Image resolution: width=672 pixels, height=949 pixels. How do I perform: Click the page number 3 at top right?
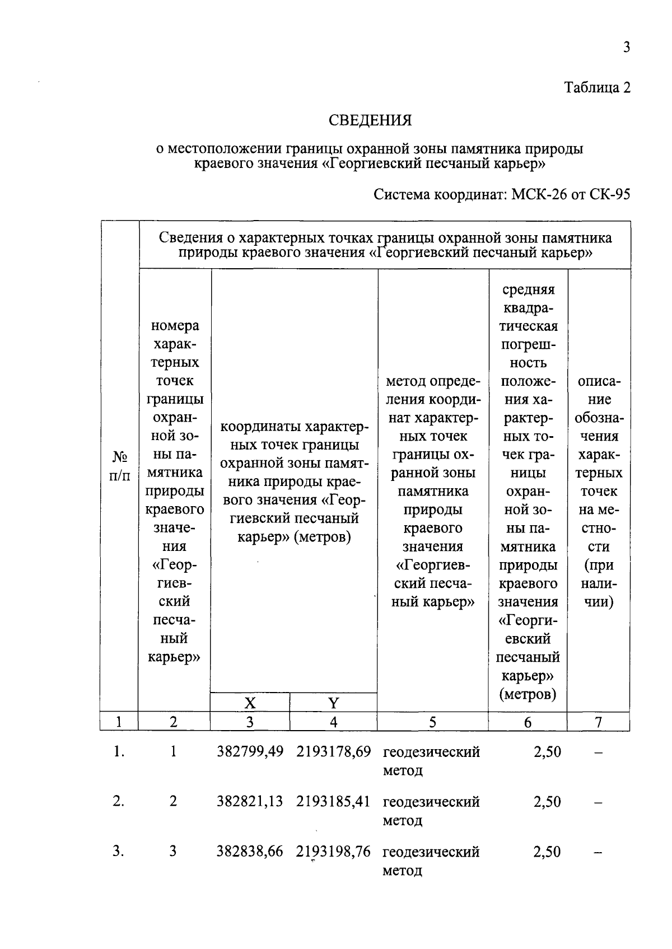tap(627, 47)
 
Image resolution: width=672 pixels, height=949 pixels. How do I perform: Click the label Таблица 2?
tap(597, 88)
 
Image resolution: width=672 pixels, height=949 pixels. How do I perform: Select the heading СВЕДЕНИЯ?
tap(370, 120)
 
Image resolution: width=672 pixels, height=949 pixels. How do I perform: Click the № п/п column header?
tap(119, 466)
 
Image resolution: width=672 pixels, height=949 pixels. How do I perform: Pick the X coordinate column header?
tap(250, 703)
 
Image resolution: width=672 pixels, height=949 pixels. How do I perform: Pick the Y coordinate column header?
tap(333, 703)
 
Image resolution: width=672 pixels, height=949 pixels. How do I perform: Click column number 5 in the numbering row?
tap(432, 722)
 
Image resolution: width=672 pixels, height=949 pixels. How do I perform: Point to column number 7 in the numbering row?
tap(598, 722)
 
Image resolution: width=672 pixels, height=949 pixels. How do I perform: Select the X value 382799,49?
tap(250, 752)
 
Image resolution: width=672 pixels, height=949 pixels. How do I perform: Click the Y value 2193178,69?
tap(334, 752)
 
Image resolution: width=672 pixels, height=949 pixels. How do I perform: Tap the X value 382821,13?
tap(250, 802)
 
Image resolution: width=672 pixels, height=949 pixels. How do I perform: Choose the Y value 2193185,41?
tap(334, 802)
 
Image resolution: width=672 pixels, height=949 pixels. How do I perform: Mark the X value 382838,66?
tap(250, 852)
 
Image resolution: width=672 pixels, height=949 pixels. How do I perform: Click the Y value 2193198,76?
tap(334, 852)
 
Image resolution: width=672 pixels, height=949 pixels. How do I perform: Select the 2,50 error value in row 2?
tap(547, 802)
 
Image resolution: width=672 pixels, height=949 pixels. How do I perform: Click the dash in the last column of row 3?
tap(598, 853)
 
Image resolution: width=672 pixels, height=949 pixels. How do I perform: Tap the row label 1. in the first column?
tap(118, 752)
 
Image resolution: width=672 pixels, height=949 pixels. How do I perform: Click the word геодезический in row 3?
tap(431, 852)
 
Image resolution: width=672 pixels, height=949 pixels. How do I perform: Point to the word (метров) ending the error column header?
tap(528, 694)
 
